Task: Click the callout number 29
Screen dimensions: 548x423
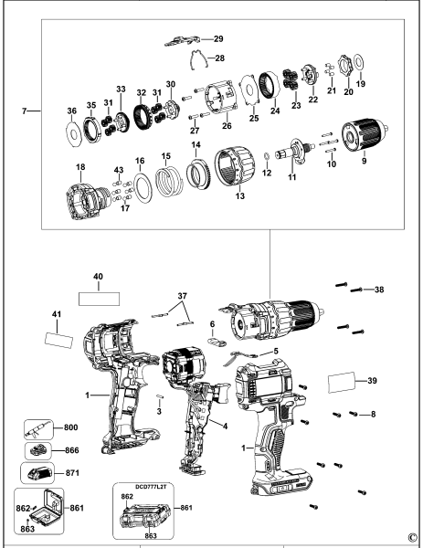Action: (x=218, y=39)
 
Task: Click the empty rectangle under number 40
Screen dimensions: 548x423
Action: (x=99, y=298)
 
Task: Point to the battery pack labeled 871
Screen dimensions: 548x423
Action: (x=40, y=474)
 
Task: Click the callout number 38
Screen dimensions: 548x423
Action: (x=380, y=290)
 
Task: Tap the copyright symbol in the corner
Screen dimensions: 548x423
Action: (x=413, y=538)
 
